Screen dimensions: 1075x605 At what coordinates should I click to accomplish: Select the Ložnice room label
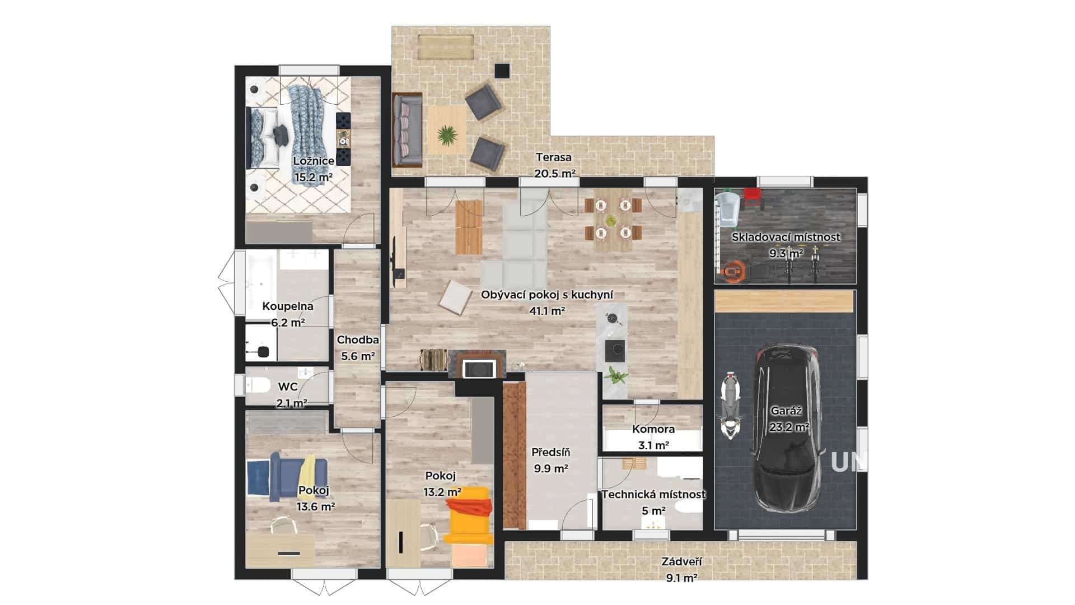pos(314,161)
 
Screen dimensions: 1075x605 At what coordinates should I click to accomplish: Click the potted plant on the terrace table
pos(446,134)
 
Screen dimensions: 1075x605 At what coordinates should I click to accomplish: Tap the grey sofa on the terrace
pos(407,130)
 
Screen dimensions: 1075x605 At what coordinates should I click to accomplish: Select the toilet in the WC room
pos(257,385)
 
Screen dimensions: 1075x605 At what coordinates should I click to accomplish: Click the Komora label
pos(653,430)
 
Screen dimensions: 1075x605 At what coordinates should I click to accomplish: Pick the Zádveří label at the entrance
pos(681,562)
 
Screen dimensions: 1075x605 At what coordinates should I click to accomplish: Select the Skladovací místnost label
pos(786,237)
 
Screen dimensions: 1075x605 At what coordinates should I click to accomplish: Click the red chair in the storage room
pos(753,198)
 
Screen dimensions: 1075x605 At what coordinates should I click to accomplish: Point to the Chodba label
pos(358,339)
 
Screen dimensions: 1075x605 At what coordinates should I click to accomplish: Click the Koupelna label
pos(288,306)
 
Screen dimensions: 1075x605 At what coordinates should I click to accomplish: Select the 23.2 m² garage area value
pos(789,427)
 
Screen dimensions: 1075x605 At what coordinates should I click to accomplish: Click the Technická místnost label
pos(653,495)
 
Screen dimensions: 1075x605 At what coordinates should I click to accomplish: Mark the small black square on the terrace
pos(502,71)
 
